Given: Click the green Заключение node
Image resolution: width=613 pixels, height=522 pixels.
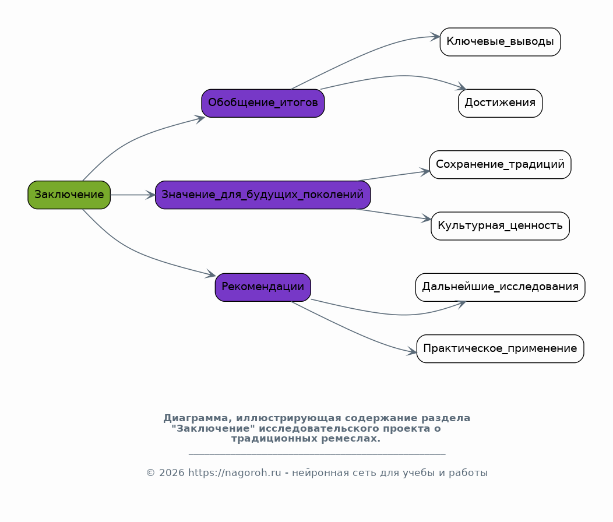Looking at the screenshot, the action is coord(69,195).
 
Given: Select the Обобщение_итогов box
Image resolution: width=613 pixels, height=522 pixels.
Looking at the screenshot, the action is coord(263,103).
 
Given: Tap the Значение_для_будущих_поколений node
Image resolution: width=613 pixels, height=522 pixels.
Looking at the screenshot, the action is coord(263,195).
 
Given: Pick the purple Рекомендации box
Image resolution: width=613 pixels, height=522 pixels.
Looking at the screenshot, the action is coord(263,287).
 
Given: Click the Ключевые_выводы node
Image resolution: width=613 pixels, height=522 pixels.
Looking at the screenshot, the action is coord(500,42).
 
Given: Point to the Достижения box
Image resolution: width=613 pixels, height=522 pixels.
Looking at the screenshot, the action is coord(500,103).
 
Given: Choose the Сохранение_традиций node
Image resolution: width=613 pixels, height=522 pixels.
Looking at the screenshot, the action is coord(500,165).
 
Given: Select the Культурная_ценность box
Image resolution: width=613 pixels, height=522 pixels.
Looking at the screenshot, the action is coord(500,226).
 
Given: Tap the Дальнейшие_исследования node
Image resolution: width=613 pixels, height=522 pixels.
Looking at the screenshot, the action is coord(500,287).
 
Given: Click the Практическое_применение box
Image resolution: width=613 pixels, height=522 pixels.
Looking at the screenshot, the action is coord(500,349).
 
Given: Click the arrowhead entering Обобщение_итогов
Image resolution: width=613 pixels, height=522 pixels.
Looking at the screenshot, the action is coord(200,118).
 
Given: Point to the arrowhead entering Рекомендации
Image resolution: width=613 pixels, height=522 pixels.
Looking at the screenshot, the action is coord(211,274).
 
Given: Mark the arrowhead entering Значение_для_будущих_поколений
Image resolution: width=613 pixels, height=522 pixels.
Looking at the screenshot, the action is coord(150,195).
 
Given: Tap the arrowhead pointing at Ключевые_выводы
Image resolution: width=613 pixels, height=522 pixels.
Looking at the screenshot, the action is coord(435,37).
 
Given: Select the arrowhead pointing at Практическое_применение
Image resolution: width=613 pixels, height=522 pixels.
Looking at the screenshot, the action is coord(411,351).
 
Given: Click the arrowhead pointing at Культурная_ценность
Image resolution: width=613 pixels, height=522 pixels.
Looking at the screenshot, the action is coord(426,219).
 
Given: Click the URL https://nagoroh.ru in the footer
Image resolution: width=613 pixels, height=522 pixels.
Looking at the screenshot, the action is coord(235,472).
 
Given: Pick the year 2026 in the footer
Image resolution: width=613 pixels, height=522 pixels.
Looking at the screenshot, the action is coord(172,472).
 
